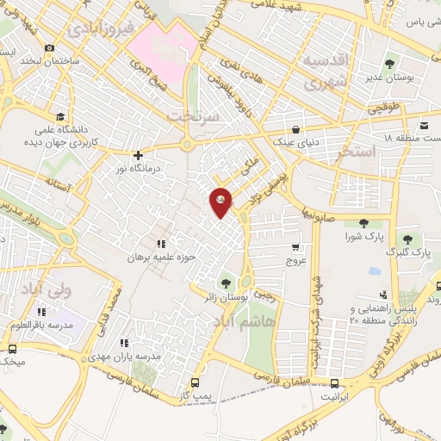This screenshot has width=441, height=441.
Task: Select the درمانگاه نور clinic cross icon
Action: point(138,155)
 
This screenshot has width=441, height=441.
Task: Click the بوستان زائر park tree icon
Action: point(227,283)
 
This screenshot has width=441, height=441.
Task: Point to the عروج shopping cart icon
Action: point(295,246)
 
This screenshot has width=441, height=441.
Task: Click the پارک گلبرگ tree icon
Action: point(407,239)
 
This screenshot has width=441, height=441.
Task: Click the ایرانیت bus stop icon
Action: point(334,384)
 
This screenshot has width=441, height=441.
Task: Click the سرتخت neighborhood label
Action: point(189,115)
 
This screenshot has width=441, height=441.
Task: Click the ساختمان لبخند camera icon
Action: point(49,47)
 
